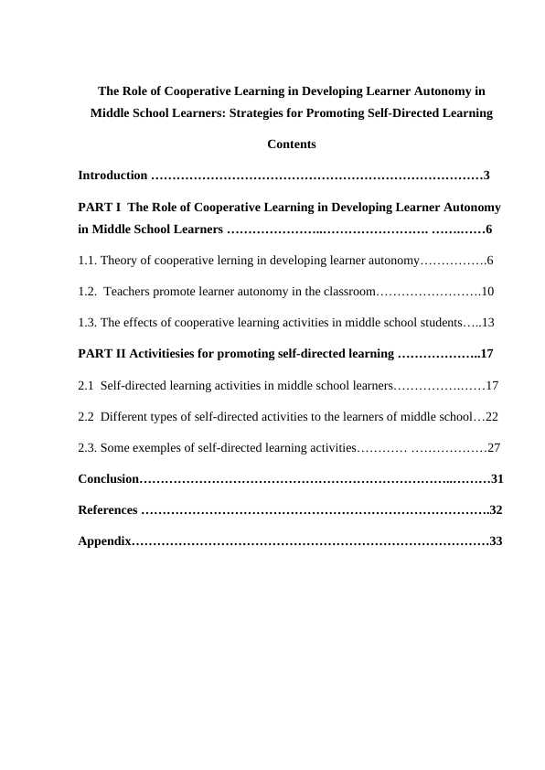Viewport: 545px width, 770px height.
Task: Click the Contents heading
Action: point(292,144)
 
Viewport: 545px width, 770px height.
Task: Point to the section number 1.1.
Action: point(88,261)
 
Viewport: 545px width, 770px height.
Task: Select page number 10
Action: point(487,292)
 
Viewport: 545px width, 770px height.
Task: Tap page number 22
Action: point(491,416)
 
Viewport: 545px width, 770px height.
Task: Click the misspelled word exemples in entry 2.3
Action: point(163,448)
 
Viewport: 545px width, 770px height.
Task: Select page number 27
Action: point(493,448)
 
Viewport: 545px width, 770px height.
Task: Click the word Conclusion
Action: point(108,479)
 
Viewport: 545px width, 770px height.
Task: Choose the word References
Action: point(108,510)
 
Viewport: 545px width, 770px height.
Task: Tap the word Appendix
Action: point(104,541)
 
